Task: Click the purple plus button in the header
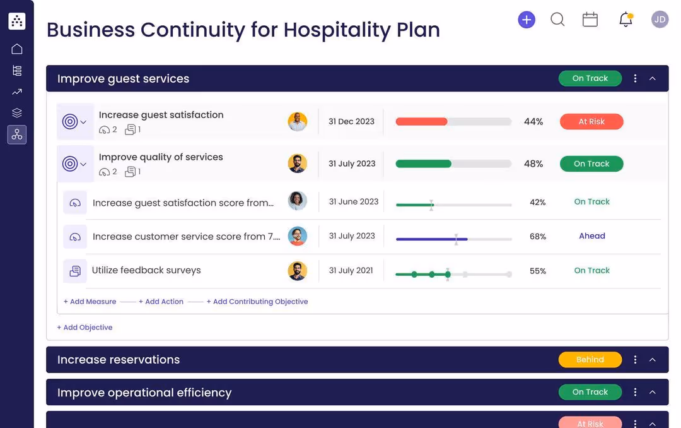click(527, 20)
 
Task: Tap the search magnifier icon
click(557, 20)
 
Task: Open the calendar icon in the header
click(590, 20)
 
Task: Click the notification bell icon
click(626, 20)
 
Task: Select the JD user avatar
click(660, 20)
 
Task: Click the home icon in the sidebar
click(17, 49)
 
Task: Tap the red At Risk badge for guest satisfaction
click(591, 122)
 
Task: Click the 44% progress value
click(533, 122)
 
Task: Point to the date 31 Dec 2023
click(351, 122)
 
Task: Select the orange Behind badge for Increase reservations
click(590, 360)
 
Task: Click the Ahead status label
click(592, 236)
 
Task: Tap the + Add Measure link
click(90, 302)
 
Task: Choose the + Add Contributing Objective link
click(257, 302)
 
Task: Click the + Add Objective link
click(85, 328)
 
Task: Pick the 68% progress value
click(538, 237)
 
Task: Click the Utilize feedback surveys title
click(146, 270)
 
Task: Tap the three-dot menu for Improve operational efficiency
click(635, 392)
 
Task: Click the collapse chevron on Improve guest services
click(653, 79)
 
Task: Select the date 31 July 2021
click(351, 271)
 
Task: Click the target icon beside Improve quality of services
click(70, 164)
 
